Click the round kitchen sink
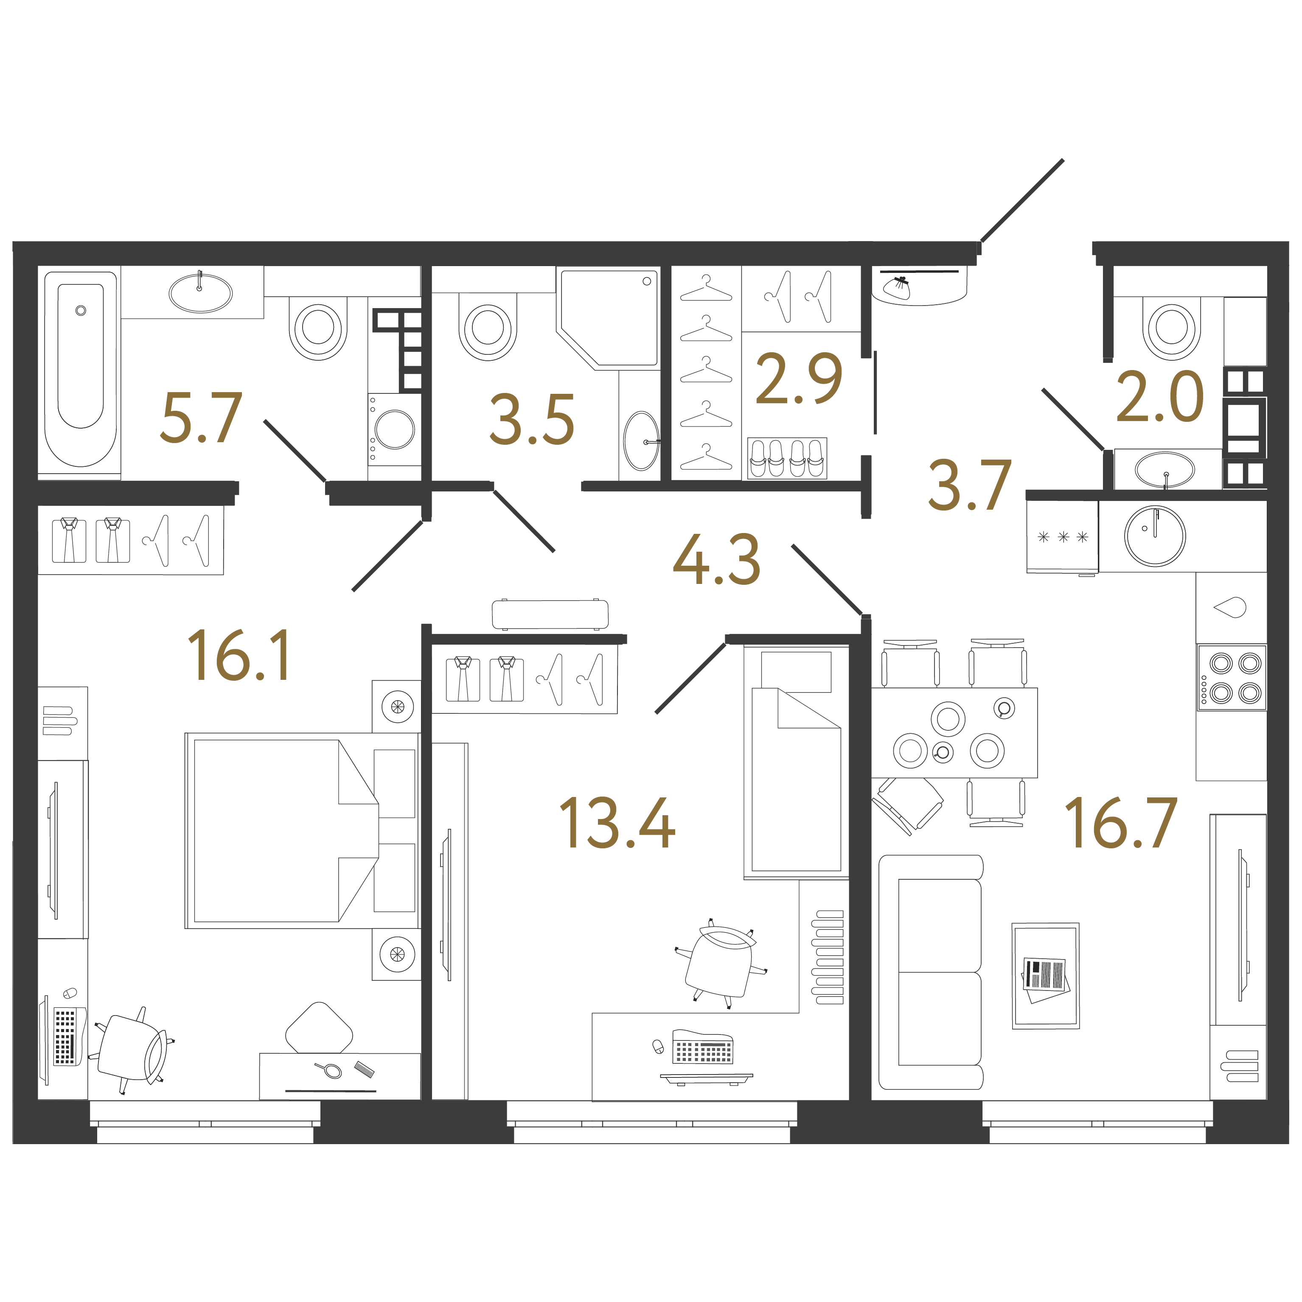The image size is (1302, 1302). [x=1154, y=536]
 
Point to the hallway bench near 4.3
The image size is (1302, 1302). [x=550, y=614]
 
